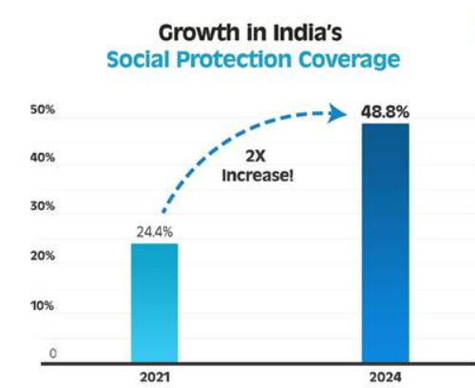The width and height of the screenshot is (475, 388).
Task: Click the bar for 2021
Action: click(154, 302)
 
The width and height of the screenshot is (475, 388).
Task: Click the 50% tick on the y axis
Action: click(44, 110)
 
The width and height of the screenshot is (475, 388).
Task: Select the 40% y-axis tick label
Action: click(44, 159)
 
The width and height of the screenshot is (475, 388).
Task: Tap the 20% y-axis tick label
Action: click(44, 257)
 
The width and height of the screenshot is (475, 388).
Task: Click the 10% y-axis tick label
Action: click(44, 306)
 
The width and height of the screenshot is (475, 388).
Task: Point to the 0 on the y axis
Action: click(53, 354)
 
